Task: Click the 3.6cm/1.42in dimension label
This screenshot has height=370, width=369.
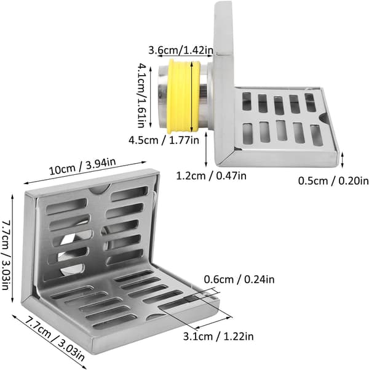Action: pos(181,50)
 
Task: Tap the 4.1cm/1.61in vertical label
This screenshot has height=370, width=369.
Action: pos(141,95)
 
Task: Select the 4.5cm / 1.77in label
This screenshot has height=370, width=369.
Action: pos(164,140)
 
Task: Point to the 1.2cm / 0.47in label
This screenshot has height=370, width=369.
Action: pos(212,176)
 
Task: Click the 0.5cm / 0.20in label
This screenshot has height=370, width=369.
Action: pos(333,181)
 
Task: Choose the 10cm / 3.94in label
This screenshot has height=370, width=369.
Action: pos(83,166)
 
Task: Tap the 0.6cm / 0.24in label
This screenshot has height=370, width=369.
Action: pos(239,280)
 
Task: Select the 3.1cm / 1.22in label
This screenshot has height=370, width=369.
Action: pos(218,336)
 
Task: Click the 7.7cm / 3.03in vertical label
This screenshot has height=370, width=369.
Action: pos(6,255)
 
